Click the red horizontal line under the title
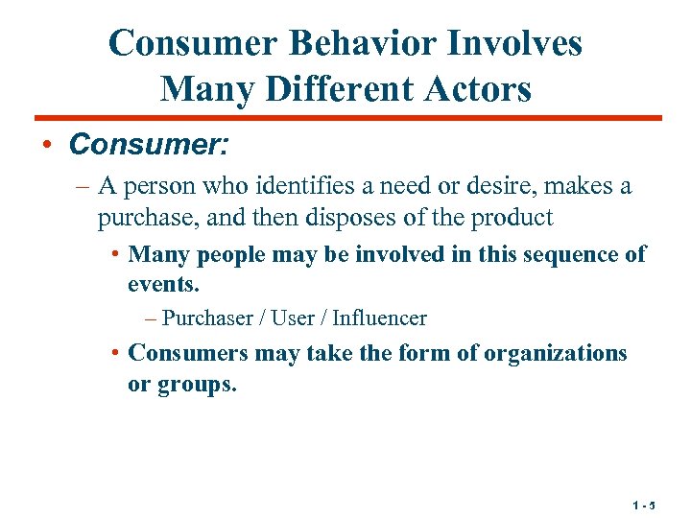(x=345, y=119)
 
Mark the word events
(x=162, y=284)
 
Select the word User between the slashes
(x=293, y=318)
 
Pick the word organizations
(x=556, y=353)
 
